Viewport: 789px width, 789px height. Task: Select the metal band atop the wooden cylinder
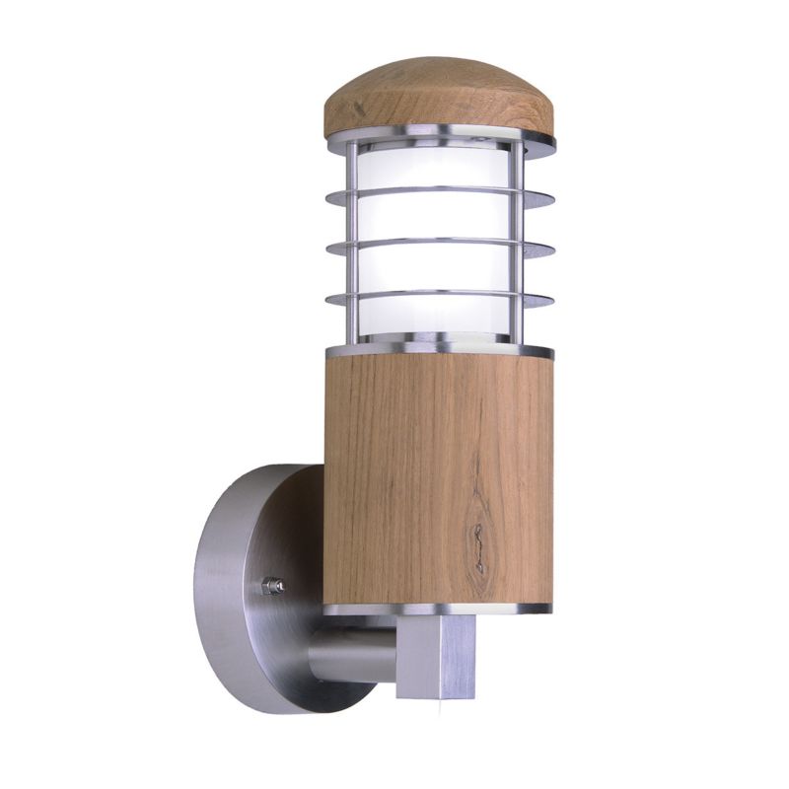coord(438,351)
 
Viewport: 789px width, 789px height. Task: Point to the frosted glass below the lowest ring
coord(438,321)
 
